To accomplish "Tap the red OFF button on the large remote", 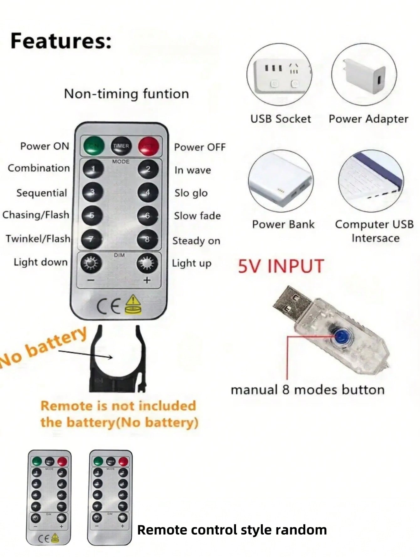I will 149,146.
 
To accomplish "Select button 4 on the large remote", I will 148,192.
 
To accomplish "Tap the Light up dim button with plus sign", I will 147,263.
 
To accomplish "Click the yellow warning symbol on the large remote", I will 134,305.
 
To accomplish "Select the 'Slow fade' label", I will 197,216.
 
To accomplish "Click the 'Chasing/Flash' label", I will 36,215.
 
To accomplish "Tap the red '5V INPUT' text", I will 281,266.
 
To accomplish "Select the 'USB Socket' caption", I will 281,119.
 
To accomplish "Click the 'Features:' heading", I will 61,41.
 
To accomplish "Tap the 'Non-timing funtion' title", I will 126,94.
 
